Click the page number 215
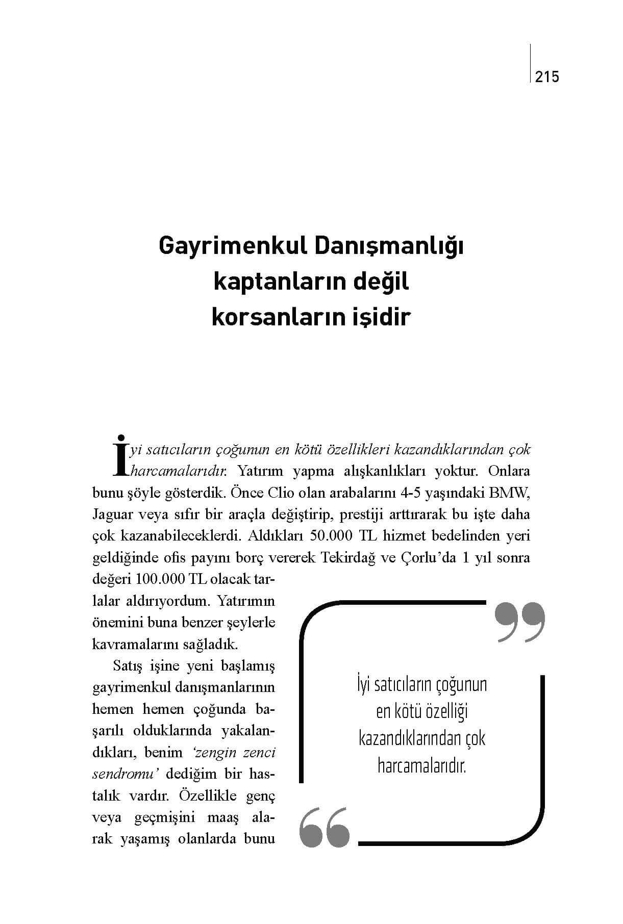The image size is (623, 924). [x=547, y=77]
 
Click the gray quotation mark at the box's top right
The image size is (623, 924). [x=520, y=622]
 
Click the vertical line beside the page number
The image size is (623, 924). [x=531, y=63]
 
